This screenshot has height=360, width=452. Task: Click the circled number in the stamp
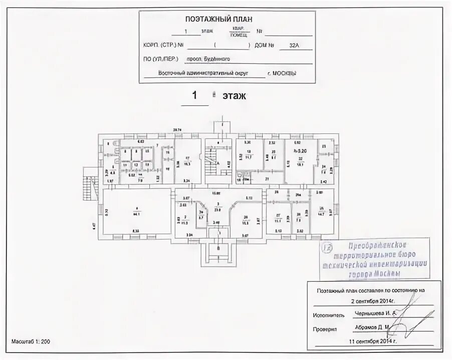[329, 247]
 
